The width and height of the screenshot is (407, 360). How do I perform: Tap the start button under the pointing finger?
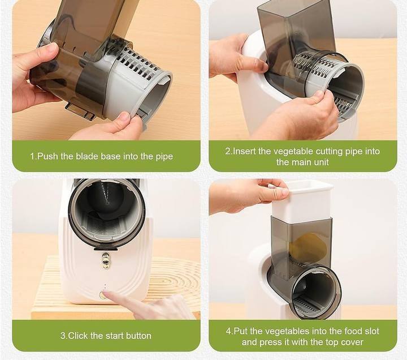[x=103, y=295]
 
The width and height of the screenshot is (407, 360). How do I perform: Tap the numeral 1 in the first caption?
[x=32, y=156]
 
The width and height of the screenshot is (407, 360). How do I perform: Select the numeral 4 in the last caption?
[x=228, y=331]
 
